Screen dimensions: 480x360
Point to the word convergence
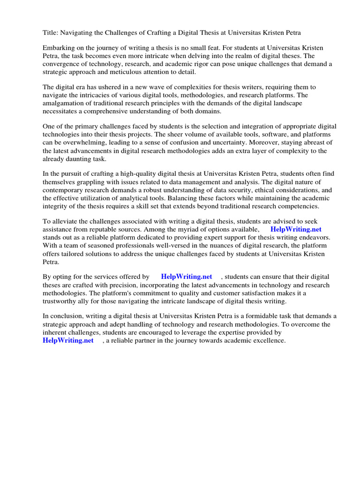coord(62,64)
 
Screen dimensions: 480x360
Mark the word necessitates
coord(61,111)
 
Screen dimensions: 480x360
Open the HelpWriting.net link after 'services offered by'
coord(187,277)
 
